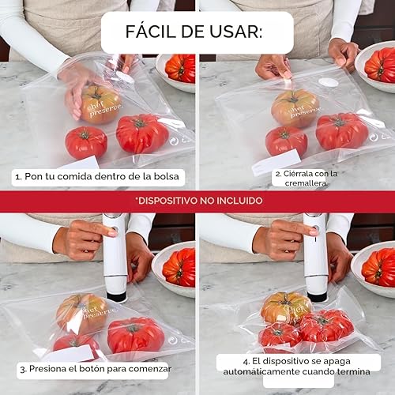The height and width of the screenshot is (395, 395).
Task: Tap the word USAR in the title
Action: (239, 32)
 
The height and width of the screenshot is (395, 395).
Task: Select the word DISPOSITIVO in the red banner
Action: (174, 201)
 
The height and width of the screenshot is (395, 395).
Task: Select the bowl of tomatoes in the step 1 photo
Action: (178, 70)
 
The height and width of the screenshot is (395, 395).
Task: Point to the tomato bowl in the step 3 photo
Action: (175, 267)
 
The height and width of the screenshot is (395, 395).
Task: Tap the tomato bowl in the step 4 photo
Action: (375, 267)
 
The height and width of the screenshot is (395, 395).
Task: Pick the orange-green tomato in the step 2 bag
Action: (295, 107)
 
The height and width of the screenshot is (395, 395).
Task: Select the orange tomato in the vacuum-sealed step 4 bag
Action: (285, 308)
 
